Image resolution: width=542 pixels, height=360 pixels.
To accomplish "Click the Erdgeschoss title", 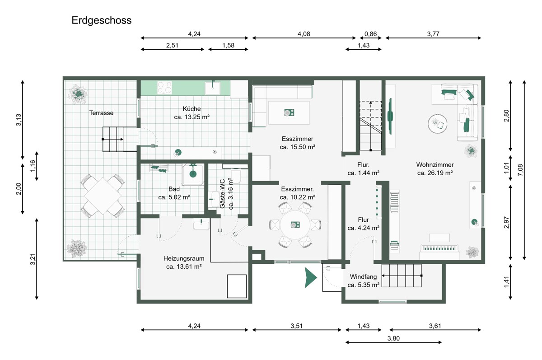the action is coord(101,21).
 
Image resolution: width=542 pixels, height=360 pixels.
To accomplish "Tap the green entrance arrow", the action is coord(310,277).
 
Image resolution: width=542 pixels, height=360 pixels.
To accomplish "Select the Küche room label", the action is coord(192,109).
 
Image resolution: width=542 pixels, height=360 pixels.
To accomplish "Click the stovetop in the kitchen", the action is coord(164,88).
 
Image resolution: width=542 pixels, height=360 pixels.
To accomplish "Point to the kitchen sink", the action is coord(213,88).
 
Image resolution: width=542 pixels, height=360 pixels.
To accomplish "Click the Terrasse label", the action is coord(101,113).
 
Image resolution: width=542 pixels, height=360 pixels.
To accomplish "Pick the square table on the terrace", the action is coord(103,196).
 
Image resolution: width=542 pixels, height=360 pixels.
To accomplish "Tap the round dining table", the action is coord(295,225).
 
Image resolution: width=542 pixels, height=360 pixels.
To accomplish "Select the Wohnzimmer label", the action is coord(435,165).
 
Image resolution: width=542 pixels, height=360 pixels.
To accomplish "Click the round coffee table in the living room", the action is coord(438,124).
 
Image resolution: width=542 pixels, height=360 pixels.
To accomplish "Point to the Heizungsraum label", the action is coord(184,258).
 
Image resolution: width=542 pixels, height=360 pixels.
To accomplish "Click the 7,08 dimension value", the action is coord(520,170).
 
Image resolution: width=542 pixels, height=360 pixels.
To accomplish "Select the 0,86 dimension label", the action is coord(370,34).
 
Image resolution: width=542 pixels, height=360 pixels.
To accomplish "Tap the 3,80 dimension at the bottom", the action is coord(393,338).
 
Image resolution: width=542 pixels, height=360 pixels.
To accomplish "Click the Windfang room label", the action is coord(363,276).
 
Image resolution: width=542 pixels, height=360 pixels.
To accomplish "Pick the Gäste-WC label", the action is coord(222,193).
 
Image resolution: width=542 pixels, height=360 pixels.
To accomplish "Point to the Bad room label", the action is coord(174,189).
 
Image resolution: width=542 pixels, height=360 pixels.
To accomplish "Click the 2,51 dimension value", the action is coord(172,45).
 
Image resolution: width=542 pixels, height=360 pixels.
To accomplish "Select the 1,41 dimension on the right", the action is coord(506,282).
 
